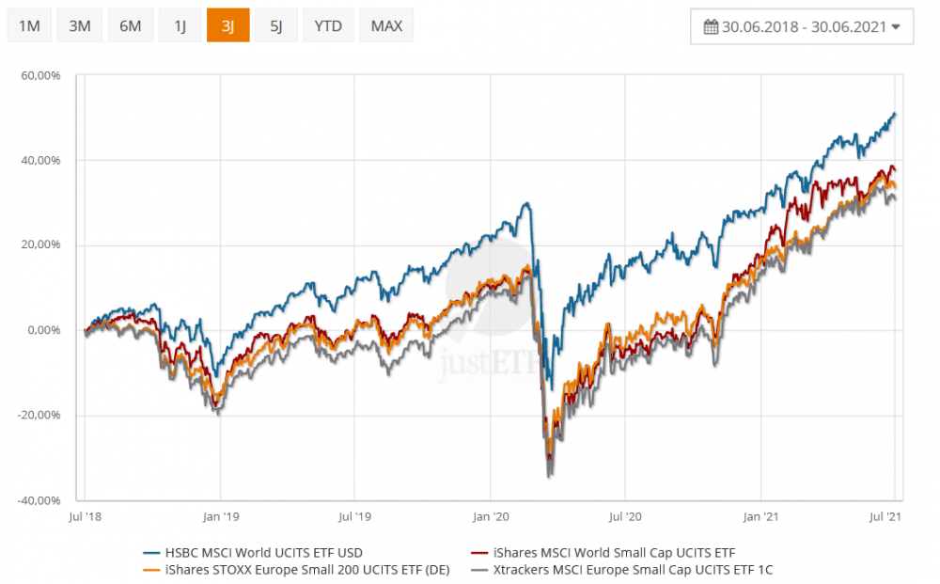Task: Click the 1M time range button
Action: coord(29,25)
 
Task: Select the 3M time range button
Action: coord(80,25)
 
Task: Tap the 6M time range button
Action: coord(130,25)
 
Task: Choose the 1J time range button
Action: coord(180,25)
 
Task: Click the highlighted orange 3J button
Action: coord(227,25)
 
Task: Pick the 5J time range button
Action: coord(276,25)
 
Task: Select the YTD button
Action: coord(328,25)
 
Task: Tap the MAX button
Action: coord(386,25)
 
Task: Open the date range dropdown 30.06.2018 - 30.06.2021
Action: coord(802,26)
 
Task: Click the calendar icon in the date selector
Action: coord(711,26)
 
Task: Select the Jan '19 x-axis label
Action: coord(220,516)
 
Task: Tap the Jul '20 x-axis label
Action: coord(624,516)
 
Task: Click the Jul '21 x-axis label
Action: coord(887,516)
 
